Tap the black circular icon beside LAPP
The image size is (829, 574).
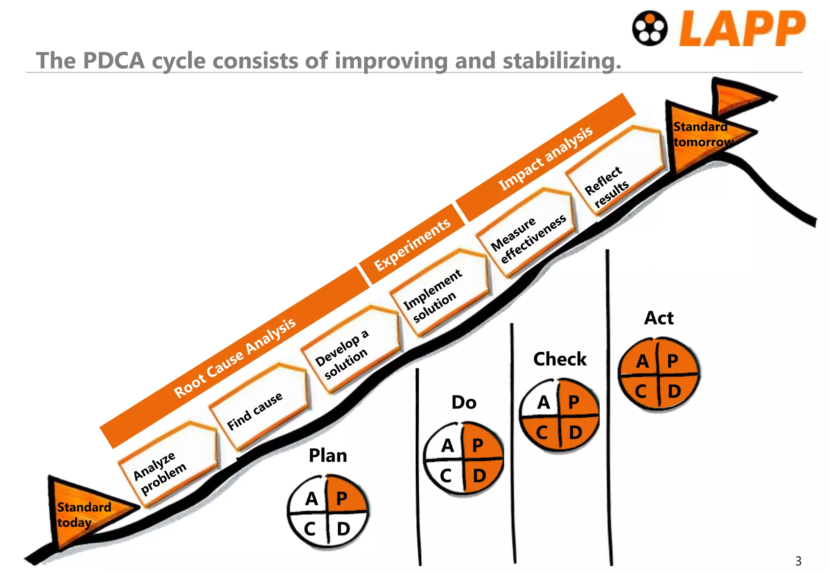point(650,28)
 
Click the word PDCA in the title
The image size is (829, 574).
point(114,61)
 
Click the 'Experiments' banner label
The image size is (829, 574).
point(412,244)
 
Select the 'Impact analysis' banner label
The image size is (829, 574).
point(546,158)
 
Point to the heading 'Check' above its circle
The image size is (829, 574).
point(560,359)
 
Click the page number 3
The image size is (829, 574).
point(798,561)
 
